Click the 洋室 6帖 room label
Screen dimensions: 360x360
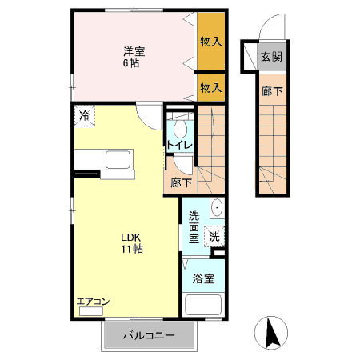coord(134,57)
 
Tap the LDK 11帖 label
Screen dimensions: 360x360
coord(132,242)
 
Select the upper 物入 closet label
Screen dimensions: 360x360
coord(210,42)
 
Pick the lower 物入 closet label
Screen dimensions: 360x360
coord(210,87)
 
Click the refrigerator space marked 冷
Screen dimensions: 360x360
coord(85,116)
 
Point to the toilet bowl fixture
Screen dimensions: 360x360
coord(180,130)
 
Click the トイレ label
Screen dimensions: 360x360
coord(180,145)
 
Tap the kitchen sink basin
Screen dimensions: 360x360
coord(119,159)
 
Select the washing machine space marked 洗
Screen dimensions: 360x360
coord(214,236)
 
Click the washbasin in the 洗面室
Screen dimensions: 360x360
coord(217,207)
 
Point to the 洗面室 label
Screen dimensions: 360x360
coord(194,227)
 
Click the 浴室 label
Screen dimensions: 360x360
coord(203,278)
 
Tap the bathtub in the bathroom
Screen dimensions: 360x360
coord(203,305)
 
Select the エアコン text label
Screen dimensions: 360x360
coord(93,302)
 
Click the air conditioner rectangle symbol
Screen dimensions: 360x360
coord(91,311)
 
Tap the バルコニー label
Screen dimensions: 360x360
coord(149,335)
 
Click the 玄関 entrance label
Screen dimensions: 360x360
coord(271,57)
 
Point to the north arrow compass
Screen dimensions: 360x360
coord(271,333)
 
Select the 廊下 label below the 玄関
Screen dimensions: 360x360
coord(272,91)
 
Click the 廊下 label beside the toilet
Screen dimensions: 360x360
coord(182,183)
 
